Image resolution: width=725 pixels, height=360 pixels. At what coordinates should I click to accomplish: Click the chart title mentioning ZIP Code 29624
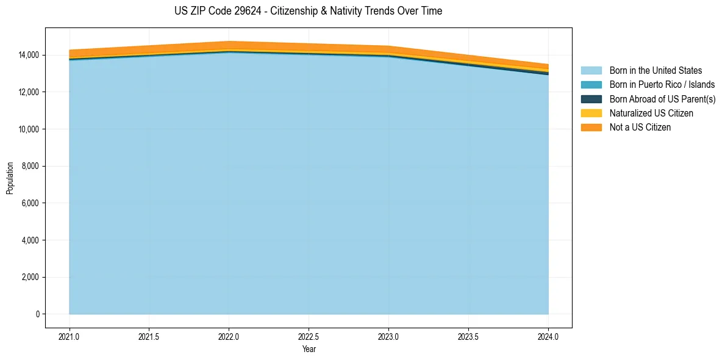point(308,11)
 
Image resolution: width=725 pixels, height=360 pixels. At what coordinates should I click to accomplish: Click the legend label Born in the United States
point(655,71)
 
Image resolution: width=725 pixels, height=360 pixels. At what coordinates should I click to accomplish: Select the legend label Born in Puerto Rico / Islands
point(662,85)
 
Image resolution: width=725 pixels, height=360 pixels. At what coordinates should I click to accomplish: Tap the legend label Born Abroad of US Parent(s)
point(662,99)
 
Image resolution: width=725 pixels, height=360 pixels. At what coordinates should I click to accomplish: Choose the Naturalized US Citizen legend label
point(651,113)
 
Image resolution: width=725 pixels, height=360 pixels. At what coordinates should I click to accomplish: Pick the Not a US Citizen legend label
point(640,127)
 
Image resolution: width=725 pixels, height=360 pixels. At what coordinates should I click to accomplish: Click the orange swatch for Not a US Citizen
point(591,127)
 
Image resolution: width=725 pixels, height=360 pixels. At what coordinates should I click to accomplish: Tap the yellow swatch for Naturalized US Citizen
point(591,113)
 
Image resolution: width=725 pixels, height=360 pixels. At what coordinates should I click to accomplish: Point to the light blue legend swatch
point(591,71)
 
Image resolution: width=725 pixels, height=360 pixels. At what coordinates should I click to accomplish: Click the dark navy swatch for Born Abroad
point(591,99)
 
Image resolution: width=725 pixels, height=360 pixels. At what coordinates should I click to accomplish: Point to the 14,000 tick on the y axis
point(28,55)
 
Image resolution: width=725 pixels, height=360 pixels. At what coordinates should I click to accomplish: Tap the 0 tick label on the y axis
point(37,314)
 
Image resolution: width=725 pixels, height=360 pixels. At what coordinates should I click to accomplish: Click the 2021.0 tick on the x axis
point(70,336)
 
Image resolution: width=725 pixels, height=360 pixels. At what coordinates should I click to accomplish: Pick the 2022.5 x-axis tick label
point(309,336)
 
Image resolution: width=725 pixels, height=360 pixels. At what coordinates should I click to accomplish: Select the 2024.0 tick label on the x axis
point(548,336)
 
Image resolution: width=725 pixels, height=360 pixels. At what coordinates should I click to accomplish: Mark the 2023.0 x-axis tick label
point(388,336)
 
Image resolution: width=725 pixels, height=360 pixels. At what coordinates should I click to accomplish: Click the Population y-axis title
point(10,178)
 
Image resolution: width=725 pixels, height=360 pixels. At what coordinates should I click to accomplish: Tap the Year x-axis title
point(309,349)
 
